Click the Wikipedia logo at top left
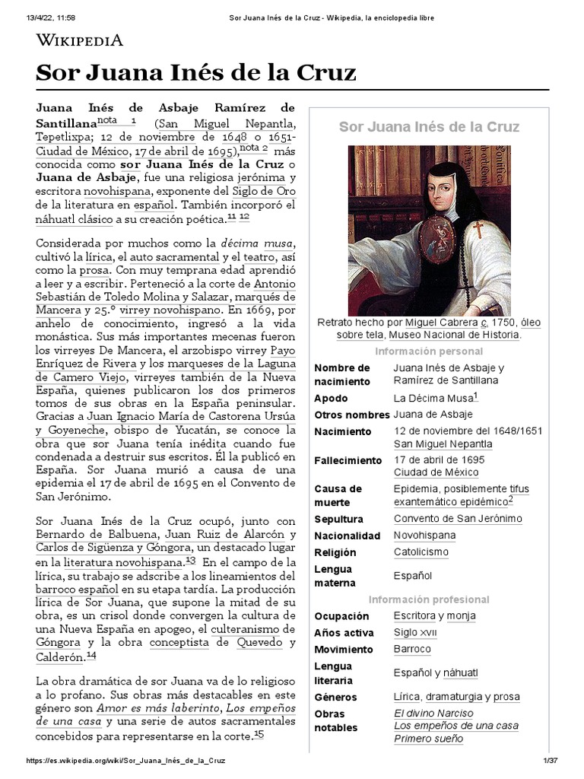pos(80,40)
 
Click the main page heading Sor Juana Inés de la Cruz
pos(196,73)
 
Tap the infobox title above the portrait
pos(429,126)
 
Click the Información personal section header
pos(429,351)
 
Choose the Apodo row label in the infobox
pos(332,399)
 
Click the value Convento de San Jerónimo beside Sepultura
pos(458,519)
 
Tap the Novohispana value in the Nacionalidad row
pos(424,536)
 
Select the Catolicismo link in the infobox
pos(421,552)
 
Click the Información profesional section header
pos(429,599)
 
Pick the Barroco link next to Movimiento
pos(412,650)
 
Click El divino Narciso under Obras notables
pos(433,714)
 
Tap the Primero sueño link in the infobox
pos(428,739)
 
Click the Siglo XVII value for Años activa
pos(415,633)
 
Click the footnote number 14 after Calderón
pos(91,656)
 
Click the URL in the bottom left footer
pos(125,761)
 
